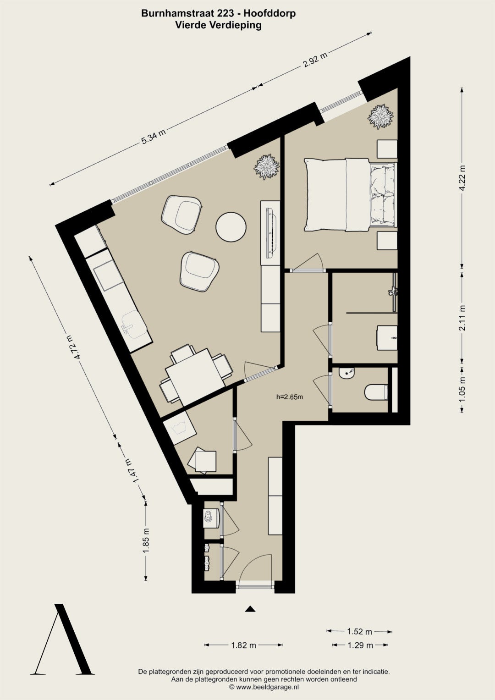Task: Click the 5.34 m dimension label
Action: tap(154, 137)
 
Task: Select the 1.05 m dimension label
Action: tap(462, 390)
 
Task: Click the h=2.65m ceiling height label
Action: tap(290, 397)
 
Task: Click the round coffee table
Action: tap(231, 227)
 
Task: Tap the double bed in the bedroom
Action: tap(351, 195)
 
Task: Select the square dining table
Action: tap(195, 377)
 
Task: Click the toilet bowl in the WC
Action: tap(376, 392)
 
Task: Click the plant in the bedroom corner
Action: tap(380, 116)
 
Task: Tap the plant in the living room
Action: tap(267, 166)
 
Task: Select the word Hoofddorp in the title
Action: tap(269, 13)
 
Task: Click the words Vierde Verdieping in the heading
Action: tap(218, 25)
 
